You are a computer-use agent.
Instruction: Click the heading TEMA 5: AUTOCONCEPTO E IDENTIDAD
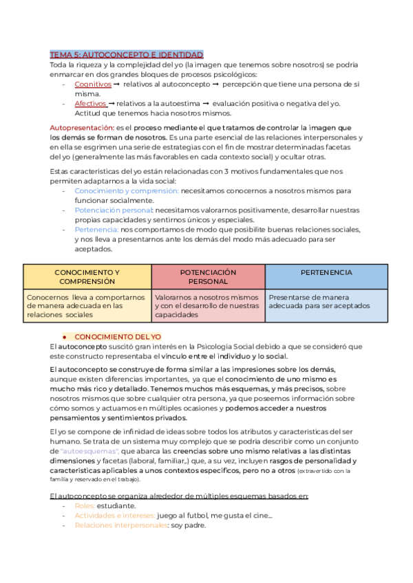pos(126,54)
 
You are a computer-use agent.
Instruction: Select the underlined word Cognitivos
pos(93,84)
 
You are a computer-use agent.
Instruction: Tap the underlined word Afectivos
pos(91,103)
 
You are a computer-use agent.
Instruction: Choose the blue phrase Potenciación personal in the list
pos(114,209)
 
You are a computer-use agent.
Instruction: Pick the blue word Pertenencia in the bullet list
pos(96,229)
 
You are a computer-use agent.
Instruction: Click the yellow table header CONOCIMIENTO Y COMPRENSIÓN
pos(87,277)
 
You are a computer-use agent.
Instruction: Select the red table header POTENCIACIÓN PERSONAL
pos(208,277)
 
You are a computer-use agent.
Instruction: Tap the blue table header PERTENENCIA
pos(326,273)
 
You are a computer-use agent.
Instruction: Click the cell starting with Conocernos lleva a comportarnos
pos(87,305)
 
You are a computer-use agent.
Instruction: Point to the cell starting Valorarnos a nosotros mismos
pos(208,305)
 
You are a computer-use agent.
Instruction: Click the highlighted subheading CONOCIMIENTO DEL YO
pos(118,337)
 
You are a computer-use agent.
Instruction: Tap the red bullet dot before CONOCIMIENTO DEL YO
pos(63,338)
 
